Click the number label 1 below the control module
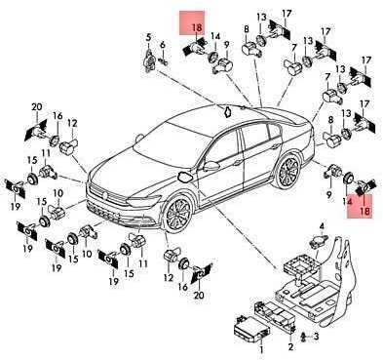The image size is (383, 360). [260, 350]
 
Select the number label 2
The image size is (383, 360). [290, 346]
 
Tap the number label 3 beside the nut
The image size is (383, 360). [316, 337]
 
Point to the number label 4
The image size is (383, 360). [322, 226]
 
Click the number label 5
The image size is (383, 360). [148, 37]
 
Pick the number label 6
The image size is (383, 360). [163, 45]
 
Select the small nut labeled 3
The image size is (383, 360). [303, 337]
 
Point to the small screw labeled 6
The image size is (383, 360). [163, 60]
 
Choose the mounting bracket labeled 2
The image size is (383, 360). [275, 314]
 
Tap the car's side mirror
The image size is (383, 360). [211, 166]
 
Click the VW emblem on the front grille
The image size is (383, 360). [104, 195]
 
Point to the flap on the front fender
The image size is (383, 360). [184, 178]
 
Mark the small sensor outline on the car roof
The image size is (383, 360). [227, 111]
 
